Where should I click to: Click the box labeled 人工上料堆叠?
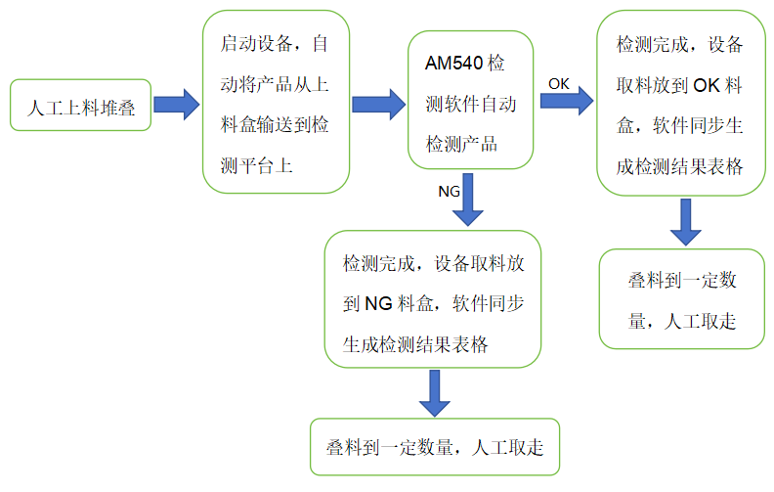[x=80, y=105]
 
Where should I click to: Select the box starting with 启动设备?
[x=276, y=101]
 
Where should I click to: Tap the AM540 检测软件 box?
[x=471, y=103]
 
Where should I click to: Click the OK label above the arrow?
[x=559, y=83]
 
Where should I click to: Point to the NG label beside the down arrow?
[x=450, y=192]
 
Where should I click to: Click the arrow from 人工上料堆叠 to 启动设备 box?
[x=177, y=104]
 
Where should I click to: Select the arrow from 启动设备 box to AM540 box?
[x=378, y=104]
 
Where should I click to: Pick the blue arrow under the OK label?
[x=567, y=102]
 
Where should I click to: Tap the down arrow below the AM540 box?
[x=471, y=199]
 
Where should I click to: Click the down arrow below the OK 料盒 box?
[x=686, y=222]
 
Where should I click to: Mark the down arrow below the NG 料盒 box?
[x=434, y=393]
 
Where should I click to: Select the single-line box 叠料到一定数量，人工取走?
[x=434, y=447]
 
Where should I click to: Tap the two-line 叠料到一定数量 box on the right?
[x=682, y=300]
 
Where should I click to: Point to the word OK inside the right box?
[x=706, y=86]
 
